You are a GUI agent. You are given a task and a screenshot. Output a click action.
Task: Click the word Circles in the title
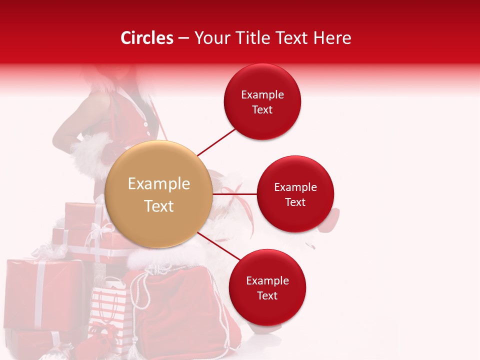(146, 38)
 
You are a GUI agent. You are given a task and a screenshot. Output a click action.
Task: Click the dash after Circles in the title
(183, 38)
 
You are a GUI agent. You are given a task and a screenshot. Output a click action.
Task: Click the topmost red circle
(262, 101)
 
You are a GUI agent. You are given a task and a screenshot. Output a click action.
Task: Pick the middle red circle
(295, 194)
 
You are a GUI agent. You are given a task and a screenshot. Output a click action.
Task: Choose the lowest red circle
(267, 287)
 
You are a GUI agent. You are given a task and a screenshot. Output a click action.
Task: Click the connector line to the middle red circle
(235, 194)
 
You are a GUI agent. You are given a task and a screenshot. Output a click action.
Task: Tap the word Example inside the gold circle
(159, 184)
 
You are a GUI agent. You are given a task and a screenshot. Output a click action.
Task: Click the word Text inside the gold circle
(159, 205)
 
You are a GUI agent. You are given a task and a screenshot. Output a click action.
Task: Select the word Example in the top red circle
(262, 94)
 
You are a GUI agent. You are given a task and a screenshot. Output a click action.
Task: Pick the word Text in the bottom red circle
(267, 295)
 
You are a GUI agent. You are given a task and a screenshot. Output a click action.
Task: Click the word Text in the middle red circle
(295, 202)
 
